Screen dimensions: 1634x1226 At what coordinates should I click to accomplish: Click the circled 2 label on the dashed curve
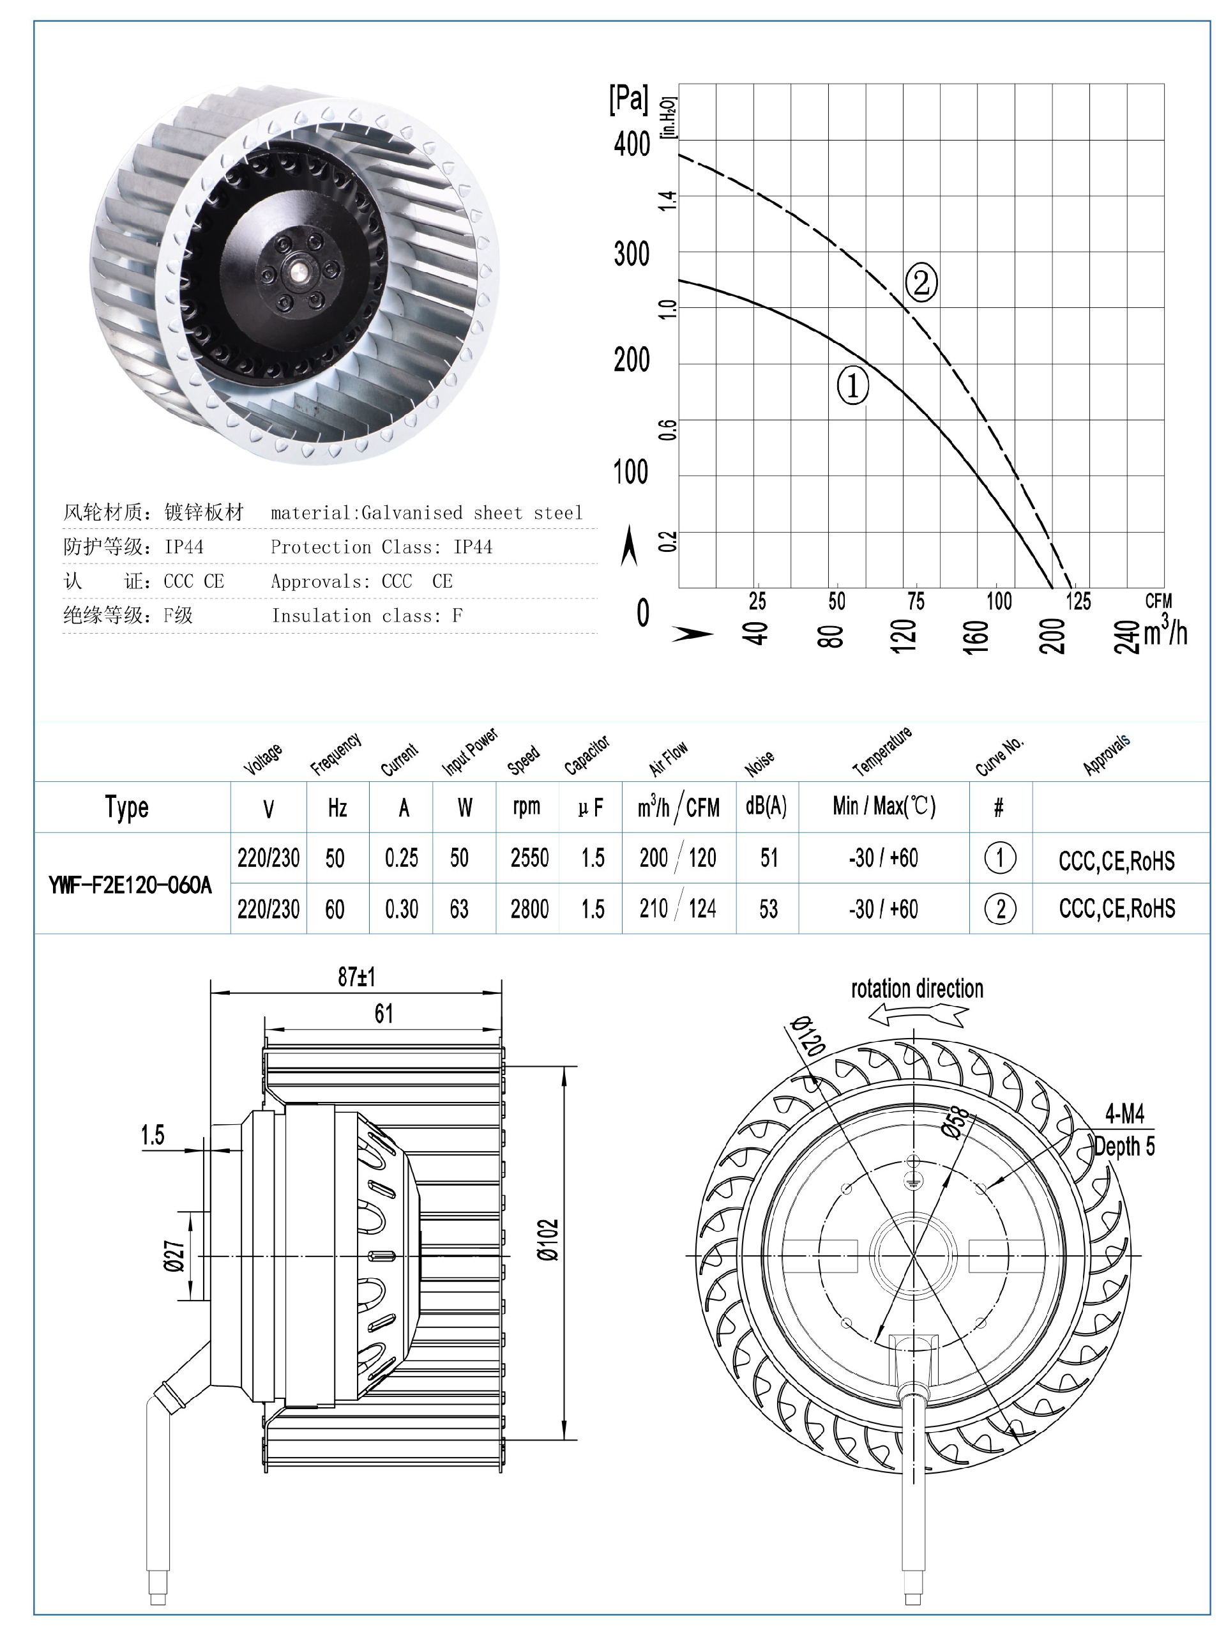coord(921,282)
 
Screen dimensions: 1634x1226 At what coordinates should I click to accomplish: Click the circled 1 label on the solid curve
coord(852,385)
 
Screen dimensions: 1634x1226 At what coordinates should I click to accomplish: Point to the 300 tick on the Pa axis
coord(632,254)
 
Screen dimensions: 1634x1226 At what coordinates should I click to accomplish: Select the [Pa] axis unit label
coord(628,99)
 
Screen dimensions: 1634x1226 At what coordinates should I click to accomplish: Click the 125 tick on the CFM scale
coord(1078,601)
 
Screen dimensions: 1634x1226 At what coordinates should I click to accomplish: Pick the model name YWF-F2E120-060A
coord(130,884)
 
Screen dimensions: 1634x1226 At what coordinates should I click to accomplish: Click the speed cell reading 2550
coord(529,858)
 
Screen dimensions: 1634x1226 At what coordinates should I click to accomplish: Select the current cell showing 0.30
coord(401,908)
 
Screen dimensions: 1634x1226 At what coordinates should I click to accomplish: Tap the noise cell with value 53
coord(768,908)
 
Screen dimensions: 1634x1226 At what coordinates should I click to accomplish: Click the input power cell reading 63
coord(458,908)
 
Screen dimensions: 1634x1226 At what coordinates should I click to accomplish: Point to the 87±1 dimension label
coord(357,977)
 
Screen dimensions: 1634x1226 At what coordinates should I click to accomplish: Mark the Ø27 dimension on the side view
coord(174,1256)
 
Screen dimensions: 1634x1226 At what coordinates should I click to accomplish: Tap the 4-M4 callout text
coord(1124,1113)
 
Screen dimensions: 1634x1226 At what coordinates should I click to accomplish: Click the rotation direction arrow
coord(918,1017)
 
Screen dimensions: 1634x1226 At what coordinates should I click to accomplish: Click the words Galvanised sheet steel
coord(472,513)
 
